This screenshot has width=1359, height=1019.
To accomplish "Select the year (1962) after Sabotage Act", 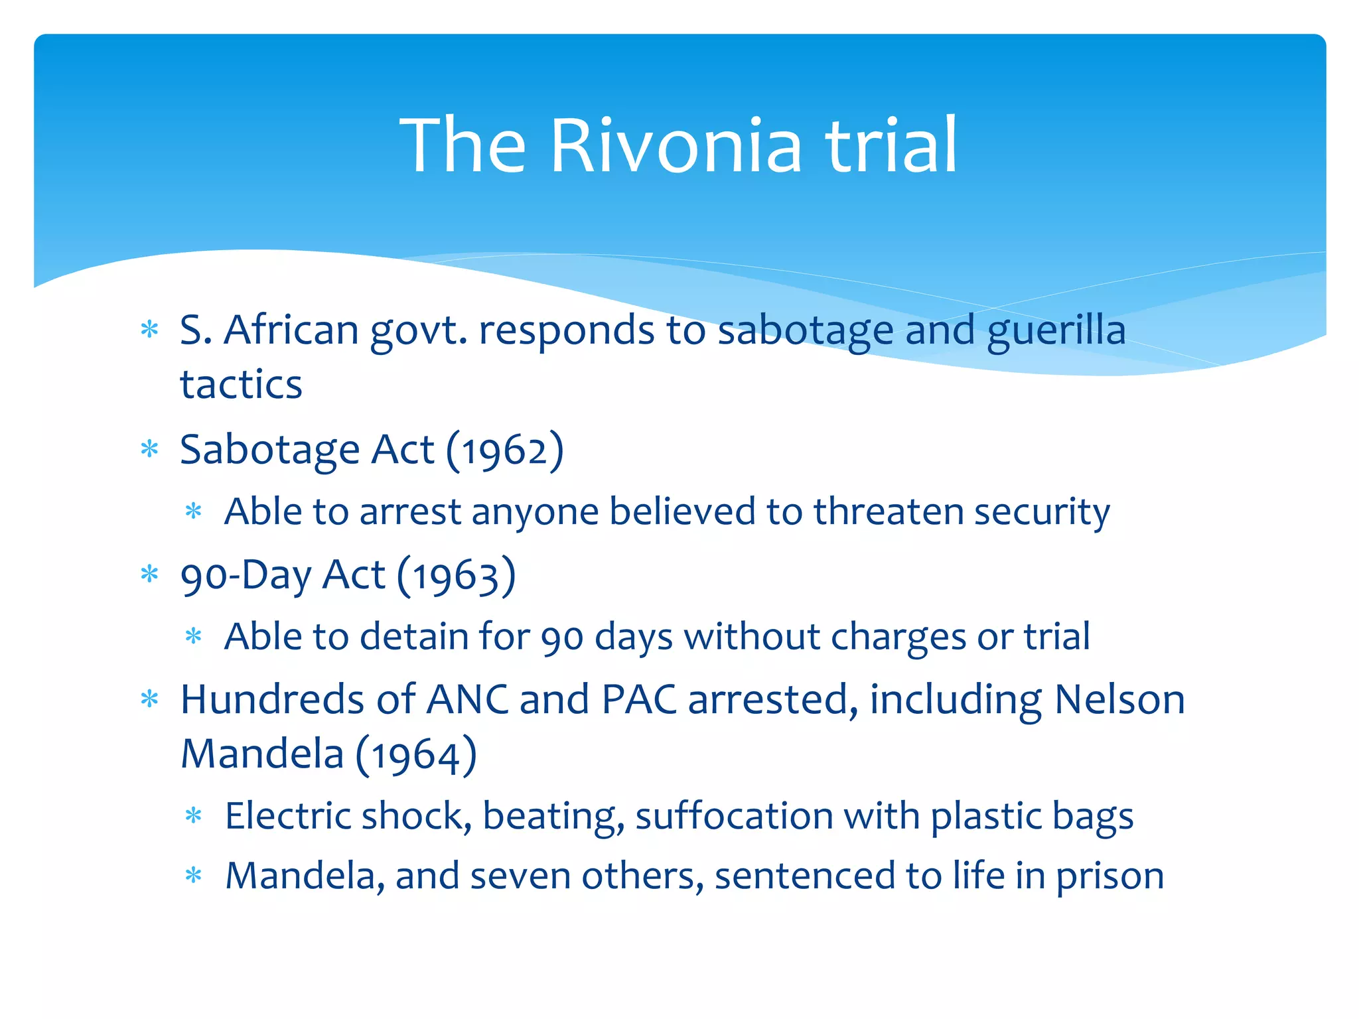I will pyautogui.click(x=504, y=450).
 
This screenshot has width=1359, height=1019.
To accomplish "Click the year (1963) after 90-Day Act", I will pyautogui.click(x=456, y=575).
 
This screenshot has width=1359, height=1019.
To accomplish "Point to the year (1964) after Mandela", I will pyautogui.click(x=416, y=755).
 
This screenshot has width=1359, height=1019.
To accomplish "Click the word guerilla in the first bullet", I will pyautogui.click(x=1056, y=331).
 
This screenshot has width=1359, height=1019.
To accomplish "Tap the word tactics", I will pyautogui.click(x=241, y=385).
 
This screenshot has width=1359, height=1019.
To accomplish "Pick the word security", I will pyautogui.click(x=1042, y=513).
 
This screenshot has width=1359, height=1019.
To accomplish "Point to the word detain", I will pyautogui.click(x=414, y=636).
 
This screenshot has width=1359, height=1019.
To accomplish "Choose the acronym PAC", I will pyautogui.click(x=638, y=700).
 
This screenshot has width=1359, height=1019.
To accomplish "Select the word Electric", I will pyautogui.click(x=287, y=815).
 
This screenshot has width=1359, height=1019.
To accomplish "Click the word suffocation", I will pyautogui.click(x=734, y=815).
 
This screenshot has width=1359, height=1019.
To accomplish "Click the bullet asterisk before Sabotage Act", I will pyautogui.click(x=150, y=450).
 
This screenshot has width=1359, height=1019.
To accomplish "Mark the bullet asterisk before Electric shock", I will pyautogui.click(x=194, y=816).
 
